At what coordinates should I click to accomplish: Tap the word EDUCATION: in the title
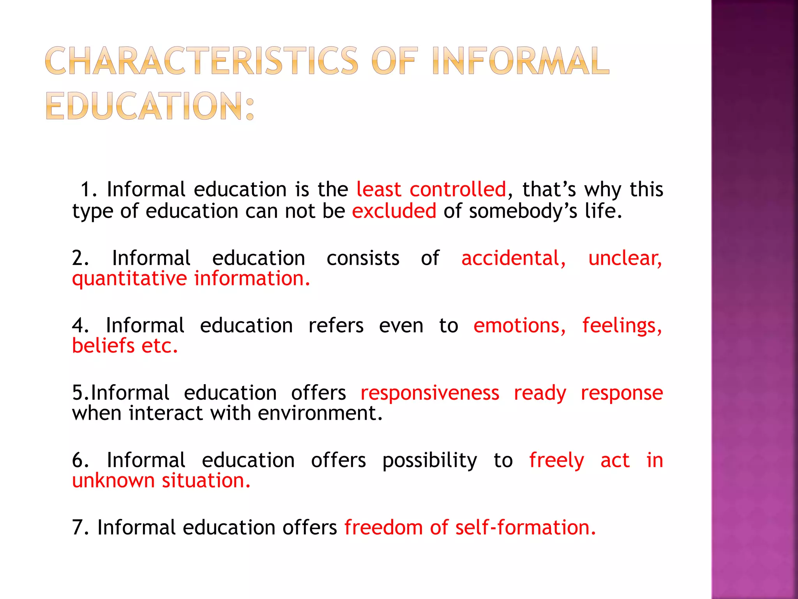tap(150, 106)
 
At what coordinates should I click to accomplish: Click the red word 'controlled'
tap(458, 190)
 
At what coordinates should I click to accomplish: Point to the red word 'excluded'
tap(394, 211)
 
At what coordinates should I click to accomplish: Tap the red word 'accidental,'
tap(514, 258)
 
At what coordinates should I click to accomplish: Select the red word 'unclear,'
tap(625, 258)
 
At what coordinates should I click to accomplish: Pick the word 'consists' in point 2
tap(363, 258)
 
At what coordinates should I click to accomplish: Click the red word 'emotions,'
tap(520, 326)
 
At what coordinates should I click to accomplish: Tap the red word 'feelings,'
tap(622, 326)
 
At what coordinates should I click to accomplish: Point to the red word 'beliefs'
tap(103, 346)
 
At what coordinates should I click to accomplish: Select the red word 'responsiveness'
tap(430, 393)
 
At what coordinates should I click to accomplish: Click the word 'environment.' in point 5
tap(320, 413)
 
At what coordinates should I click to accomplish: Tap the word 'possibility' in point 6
tap(429, 461)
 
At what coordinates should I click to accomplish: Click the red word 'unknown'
tap(113, 480)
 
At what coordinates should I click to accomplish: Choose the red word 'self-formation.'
tap(526, 528)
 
